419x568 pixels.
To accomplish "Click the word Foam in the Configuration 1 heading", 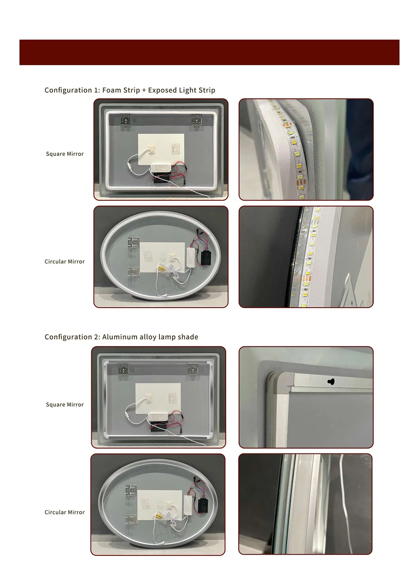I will (111, 90).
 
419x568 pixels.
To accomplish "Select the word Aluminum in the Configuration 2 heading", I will (119, 337).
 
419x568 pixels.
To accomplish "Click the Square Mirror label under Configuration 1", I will (65, 154).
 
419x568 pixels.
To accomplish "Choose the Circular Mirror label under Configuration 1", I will (65, 261).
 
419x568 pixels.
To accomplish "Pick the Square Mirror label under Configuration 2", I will (65, 404).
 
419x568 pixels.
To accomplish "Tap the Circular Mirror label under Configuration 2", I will (65, 512).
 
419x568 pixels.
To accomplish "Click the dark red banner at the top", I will (209, 52).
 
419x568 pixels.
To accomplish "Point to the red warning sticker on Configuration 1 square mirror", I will (176, 149).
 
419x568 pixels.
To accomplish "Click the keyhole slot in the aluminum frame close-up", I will (331, 382).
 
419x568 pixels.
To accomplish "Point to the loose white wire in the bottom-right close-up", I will (342, 506).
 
